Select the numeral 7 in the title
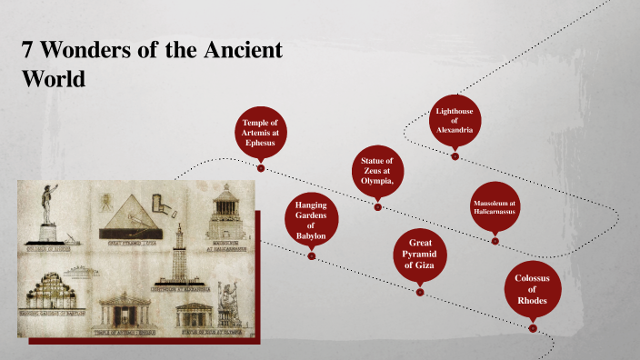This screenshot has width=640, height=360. (x=27, y=50)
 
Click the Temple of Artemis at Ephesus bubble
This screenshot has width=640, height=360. (x=260, y=132)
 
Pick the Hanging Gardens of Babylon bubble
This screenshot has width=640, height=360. (x=311, y=221)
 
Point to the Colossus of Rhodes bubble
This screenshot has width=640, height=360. (x=532, y=287)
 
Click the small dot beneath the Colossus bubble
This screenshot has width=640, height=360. (x=533, y=327)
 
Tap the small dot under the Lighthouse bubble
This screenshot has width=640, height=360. (x=455, y=156)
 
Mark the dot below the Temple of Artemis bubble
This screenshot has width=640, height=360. (x=261, y=168)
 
